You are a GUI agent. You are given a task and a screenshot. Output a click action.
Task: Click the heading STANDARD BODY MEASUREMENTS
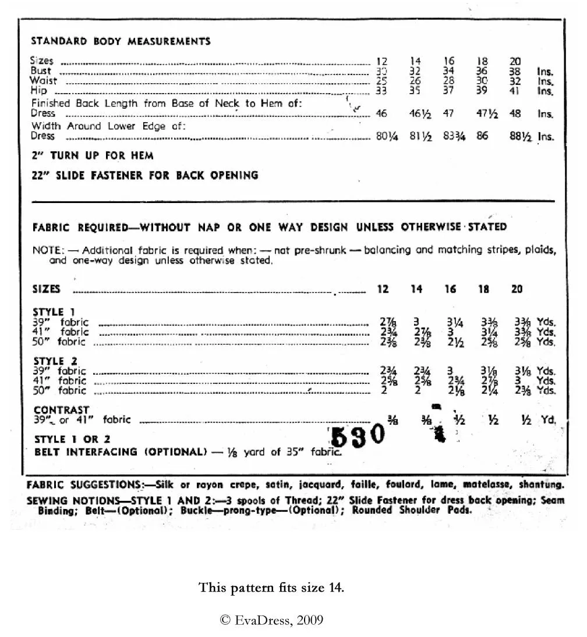click(x=121, y=41)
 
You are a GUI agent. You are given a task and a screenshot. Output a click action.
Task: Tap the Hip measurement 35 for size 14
click(x=415, y=91)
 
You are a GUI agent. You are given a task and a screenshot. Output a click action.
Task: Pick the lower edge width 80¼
click(x=386, y=137)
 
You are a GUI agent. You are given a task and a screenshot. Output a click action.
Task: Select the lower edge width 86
click(x=482, y=137)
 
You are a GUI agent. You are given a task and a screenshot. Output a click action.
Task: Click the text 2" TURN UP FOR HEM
click(x=93, y=156)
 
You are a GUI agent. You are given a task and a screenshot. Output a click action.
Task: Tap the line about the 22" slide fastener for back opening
click(x=145, y=175)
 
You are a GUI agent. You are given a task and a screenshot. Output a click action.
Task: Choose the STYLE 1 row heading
click(x=54, y=312)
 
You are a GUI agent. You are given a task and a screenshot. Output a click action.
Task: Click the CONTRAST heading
click(x=61, y=410)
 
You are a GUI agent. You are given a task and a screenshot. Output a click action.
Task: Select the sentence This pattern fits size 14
click(x=271, y=587)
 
